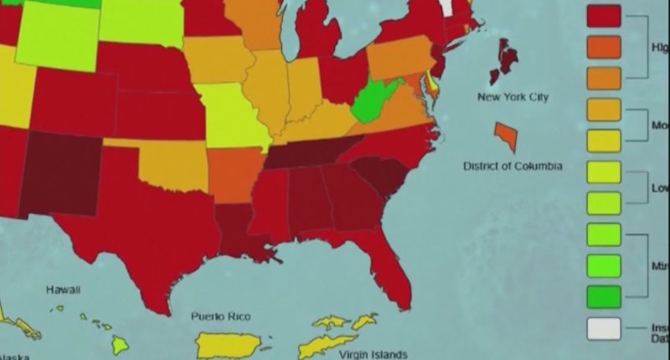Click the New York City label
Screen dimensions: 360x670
tap(513, 97)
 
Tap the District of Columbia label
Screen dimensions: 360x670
tap(513, 166)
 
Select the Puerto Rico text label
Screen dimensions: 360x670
tap(220, 316)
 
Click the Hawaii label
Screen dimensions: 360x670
tap(63, 290)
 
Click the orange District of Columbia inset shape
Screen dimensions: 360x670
tap(507, 136)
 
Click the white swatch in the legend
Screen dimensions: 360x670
tap(604, 328)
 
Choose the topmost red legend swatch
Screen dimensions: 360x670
tap(604, 16)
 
